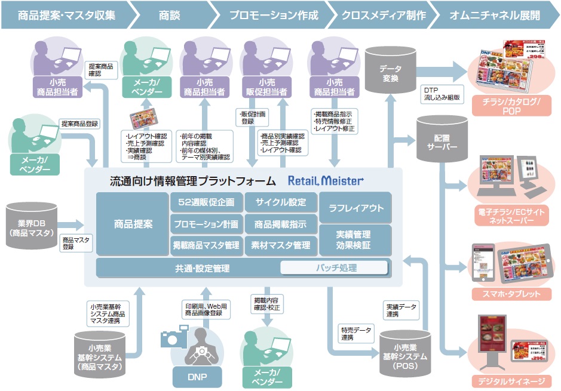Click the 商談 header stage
point(170,14)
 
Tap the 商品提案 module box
point(133,224)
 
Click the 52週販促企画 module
point(206,202)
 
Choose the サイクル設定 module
point(280,202)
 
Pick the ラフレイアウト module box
point(355,208)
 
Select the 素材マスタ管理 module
point(280,245)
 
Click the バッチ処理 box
point(335,268)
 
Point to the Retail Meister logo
point(326,180)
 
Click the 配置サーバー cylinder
point(442,140)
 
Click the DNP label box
point(197,376)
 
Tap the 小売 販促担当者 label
point(265,87)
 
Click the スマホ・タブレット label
point(506,294)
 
